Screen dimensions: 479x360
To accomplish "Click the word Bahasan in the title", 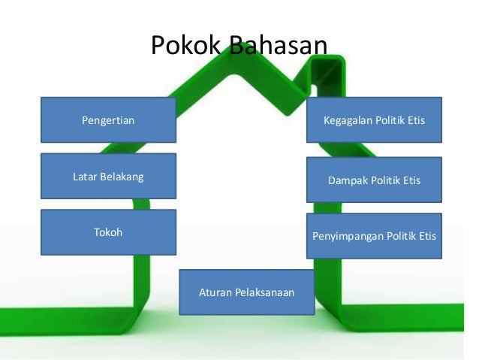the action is click(x=278, y=45).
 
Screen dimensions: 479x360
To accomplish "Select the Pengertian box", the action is click(x=108, y=119).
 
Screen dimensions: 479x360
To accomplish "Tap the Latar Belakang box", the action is click(x=108, y=177).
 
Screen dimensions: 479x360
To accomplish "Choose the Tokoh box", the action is click(x=108, y=232).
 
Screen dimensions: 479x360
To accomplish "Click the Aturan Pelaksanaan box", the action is click(x=246, y=292).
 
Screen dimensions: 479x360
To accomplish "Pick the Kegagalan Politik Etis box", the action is click(x=374, y=119).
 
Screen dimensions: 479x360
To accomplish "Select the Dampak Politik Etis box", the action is click(x=374, y=180).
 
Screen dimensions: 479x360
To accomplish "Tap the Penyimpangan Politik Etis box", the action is click(x=374, y=236).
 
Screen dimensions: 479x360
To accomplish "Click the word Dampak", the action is click(x=347, y=181).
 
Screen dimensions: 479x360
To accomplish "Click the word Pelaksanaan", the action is click(x=263, y=292).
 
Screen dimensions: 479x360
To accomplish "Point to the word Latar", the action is click(x=84, y=177).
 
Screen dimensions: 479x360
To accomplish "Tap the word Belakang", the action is click(x=121, y=177).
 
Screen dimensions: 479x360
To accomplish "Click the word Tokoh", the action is click(x=108, y=232).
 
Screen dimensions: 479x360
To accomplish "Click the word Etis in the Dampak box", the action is click(x=411, y=181).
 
